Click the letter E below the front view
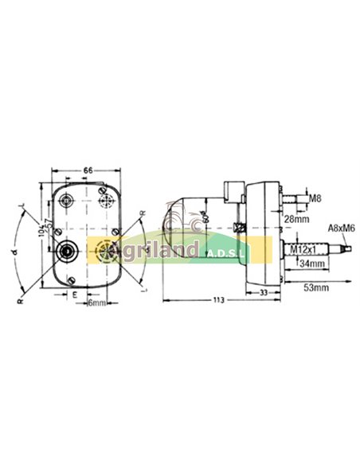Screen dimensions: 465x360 (74, 293)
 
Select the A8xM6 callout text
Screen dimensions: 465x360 (340, 229)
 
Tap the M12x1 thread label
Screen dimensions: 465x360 (303, 249)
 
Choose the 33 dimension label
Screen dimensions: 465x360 (263, 291)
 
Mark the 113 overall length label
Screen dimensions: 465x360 (217, 300)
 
